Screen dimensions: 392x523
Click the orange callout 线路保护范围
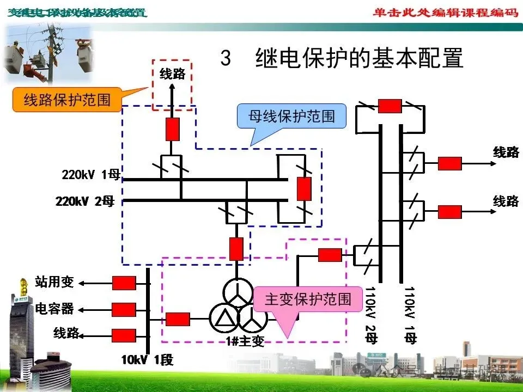[67, 100]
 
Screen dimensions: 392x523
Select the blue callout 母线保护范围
[291, 117]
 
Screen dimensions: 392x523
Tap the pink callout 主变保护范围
[308, 299]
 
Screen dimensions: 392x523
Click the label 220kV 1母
[91, 175]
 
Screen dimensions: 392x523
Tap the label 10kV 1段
[147, 360]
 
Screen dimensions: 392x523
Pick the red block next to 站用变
[124, 283]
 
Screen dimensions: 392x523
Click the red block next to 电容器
[124, 309]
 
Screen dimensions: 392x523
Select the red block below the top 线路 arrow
[173, 129]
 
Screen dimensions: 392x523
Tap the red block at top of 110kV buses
[390, 106]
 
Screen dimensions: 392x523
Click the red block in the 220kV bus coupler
[303, 188]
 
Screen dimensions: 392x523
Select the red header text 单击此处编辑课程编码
[445, 12]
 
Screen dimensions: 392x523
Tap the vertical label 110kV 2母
[371, 315]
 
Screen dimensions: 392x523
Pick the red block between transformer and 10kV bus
[178, 319]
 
